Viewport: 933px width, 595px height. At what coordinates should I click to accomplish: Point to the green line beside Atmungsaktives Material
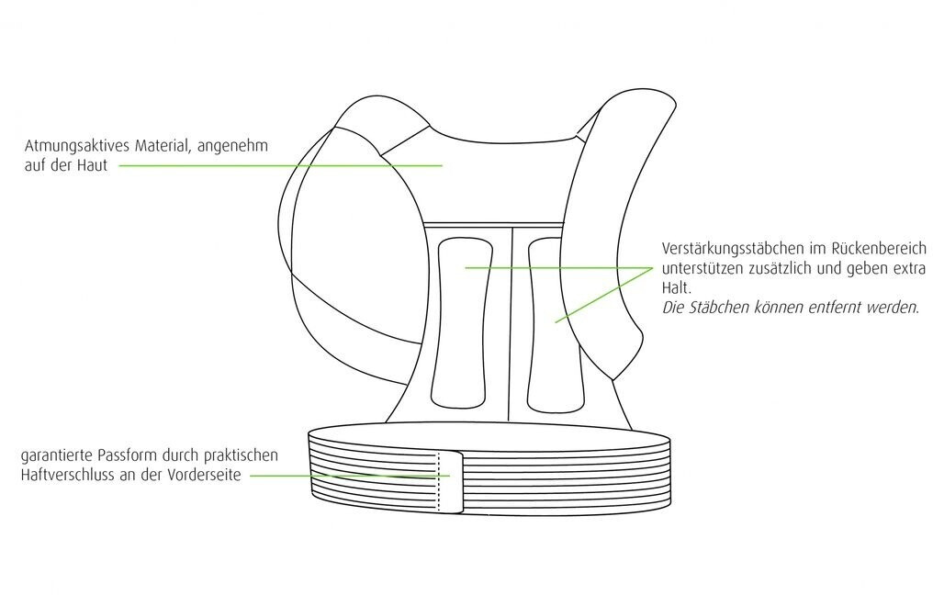coord(275,166)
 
